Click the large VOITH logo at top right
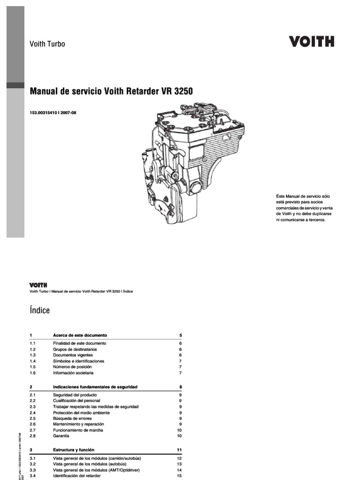[x=311, y=42]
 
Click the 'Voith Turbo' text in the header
[x=47, y=44]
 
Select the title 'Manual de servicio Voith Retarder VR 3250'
[x=111, y=90]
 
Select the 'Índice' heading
[x=39, y=310]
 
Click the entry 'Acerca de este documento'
[x=80, y=336]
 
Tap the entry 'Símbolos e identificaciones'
[x=79, y=361]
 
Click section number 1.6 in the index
[x=32, y=373]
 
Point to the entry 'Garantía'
[x=61, y=436]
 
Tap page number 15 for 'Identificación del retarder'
[x=179, y=476]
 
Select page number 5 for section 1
[x=180, y=336]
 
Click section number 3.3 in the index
[x=33, y=470]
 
